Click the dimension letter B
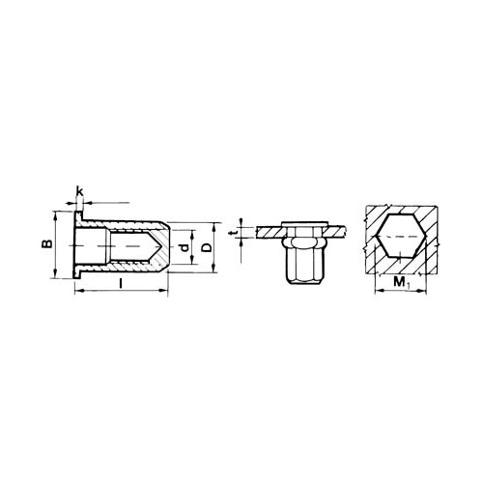point(47,243)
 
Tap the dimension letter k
point(79,191)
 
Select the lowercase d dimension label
point(184,247)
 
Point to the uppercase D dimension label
point(208,247)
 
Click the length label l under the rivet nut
point(121,283)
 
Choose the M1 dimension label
point(400,283)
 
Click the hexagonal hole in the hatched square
point(401,236)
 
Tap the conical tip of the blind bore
point(154,245)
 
